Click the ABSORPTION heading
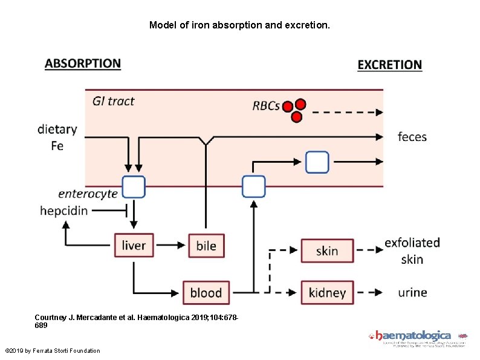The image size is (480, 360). pos(83,64)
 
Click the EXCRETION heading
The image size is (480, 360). pos(390,65)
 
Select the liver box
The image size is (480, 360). pos(134,245)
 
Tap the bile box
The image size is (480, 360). pos(206,246)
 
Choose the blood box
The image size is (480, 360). pos(206,293)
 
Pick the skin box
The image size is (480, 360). pos(327,250)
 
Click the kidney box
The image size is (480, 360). pos(327,293)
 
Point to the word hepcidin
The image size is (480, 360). pos(63,211)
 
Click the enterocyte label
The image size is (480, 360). pos(88,194)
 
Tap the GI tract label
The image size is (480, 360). pos(114,101)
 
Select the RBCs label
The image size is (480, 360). pos(266,106)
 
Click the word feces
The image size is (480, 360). pos(412,137)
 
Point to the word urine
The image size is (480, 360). pos(413,293)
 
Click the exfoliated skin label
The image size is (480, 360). pos(412,250)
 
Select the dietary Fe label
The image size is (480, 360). pos(57,137)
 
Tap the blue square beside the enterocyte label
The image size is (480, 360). pos(134,187)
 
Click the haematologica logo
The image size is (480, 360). pos(417,336)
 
